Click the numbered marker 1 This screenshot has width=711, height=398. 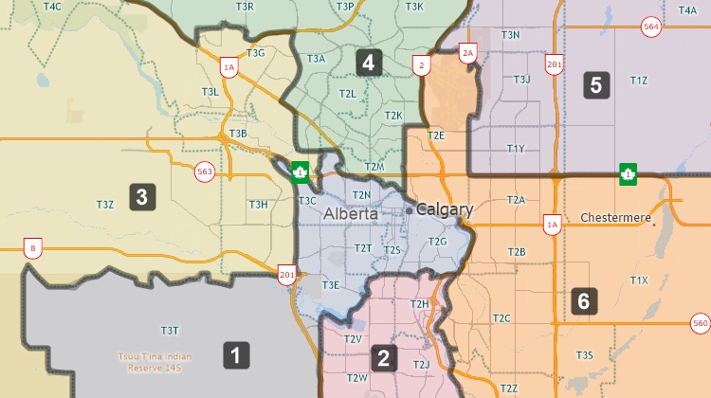pos(236,355)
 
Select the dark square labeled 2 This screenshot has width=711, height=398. pos(384,357)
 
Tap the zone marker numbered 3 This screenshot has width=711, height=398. pos(141,197)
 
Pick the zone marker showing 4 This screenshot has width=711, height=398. pos(369,63)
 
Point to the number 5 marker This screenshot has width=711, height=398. pos(595,84)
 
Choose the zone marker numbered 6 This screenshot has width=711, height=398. pos(584,301)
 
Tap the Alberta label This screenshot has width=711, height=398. pos(350,214)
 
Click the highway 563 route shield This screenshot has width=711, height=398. pos(204,172)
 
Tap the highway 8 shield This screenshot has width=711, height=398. pos(33,249)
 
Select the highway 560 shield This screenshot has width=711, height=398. pos(701,324)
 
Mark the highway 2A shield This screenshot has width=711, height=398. pos(466,55)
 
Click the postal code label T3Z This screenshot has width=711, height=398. pos(105,204)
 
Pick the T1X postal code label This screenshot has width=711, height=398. pos(639,280)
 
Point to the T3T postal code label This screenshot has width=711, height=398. pos(170,331)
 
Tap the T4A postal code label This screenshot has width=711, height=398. pos(688,9)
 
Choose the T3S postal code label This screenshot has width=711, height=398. pos(584,354)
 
